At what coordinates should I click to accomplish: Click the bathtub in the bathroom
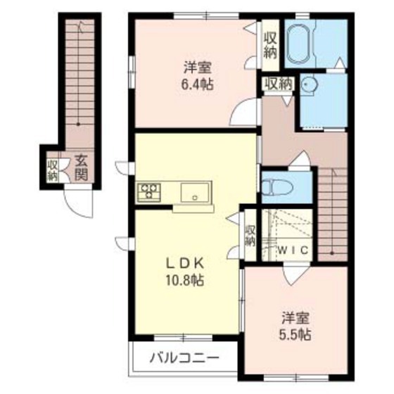click(299, 44)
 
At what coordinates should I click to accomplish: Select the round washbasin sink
click(308, 84)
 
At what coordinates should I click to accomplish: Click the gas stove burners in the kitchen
click(148, 192)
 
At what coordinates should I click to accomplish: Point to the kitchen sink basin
click(195, 192)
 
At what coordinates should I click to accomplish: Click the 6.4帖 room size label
click(198, 85)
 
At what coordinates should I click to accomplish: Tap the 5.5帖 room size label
click(295, 334)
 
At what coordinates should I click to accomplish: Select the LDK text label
click(185, 263)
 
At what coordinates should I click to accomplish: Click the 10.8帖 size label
click(184, 280)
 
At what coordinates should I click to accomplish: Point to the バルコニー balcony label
click(184, 357)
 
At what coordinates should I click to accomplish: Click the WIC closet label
click(293, 250)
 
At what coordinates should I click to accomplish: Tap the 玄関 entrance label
click(81, 167)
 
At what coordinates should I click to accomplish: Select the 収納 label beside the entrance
click(53, 170)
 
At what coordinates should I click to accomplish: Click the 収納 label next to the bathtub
click(270, 46)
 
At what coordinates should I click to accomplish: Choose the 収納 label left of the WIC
click(250, 236)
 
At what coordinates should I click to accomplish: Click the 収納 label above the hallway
click(279, 84)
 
